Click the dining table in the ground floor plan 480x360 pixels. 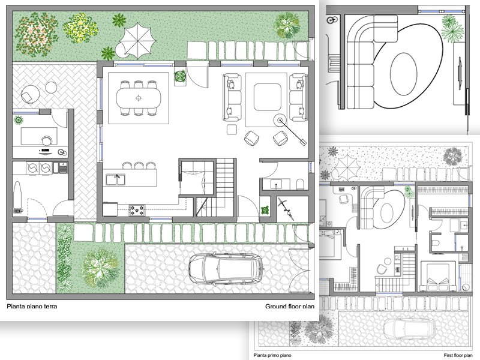(x=139, y=97)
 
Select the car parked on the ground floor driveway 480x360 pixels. (x=226, y=268)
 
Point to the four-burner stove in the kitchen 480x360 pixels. (x=137, y=210)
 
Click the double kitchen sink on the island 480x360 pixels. (x=115, y=178)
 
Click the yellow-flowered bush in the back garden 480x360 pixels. (x=80, y=25)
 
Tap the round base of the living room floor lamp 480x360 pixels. (x=280, y=120)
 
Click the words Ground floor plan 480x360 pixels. (x=290, y=307)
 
